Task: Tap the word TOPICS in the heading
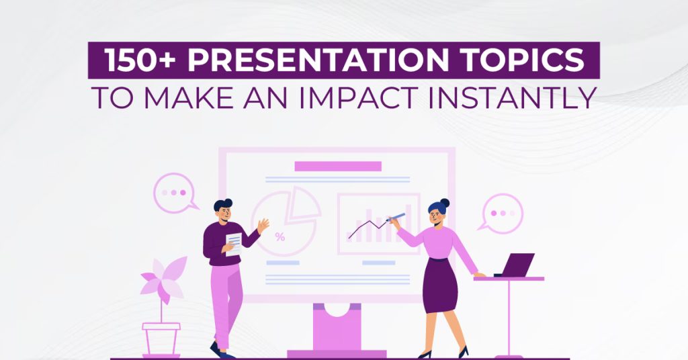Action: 528,61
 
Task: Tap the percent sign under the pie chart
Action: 279,236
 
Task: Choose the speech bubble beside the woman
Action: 501,213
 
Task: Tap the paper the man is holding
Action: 234,244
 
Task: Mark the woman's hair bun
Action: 444,202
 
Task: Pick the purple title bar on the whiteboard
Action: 338,166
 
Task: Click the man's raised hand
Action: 263,224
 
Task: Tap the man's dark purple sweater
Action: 218,242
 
